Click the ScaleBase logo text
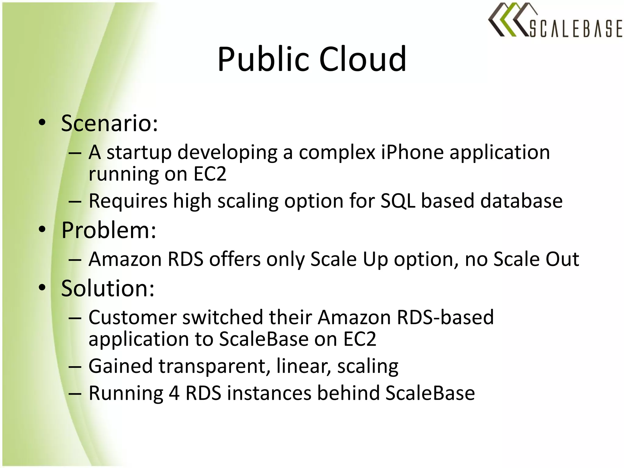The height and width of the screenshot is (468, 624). pyautogui.click(x=575, y=29)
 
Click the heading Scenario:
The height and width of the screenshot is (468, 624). pyautogui.click(x=109, y=123)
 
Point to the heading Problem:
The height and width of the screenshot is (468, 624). pyautogui.click(x=108, y=230)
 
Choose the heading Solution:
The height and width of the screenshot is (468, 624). pyautogui.click(x=108, y=288)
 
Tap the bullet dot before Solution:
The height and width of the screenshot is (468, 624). pyautogui.click(x=42, y=287)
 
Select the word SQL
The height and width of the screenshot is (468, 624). pyautogui.click(x=398, y=201)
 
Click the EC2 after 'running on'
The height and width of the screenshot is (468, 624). pyautogui.click(x=210, y=174)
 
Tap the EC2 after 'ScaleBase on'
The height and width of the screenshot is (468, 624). pyautogui.click(x=360, y=339)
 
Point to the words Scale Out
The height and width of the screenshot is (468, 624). pyautogui.click(x=536, y=259)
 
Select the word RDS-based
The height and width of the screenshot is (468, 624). pyautogui.click(x=445, y=317)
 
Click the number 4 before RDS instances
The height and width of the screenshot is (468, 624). pyautogui.click(x=174, y=393)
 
